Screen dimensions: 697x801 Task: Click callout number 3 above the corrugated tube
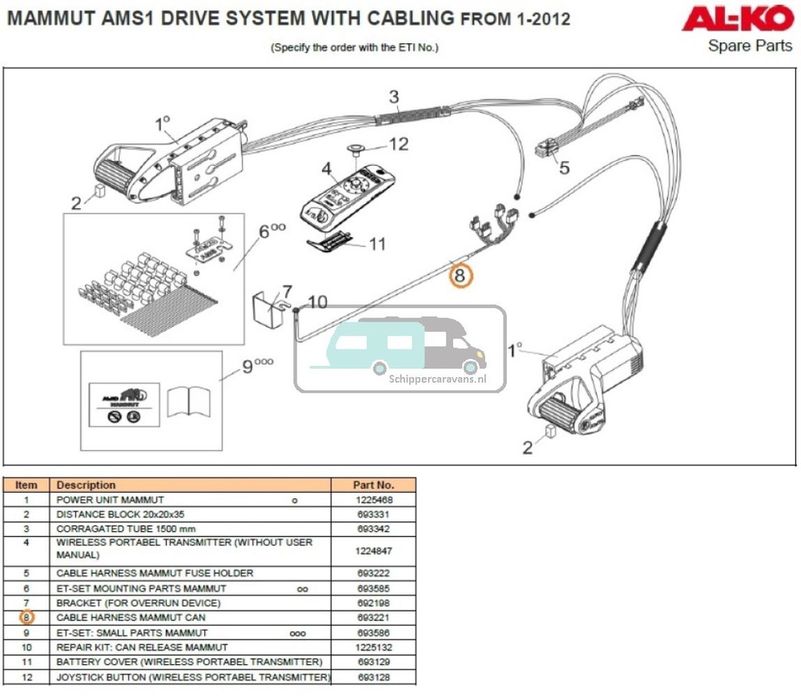click(x=394, y=97)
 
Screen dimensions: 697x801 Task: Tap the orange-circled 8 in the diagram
click(x=460, y=275)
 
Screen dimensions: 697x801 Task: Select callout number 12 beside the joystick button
click(x=398, y=144)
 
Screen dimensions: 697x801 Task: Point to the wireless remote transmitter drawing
click(x=347, y=193)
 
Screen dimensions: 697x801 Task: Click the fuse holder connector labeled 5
click(x=547, y=148)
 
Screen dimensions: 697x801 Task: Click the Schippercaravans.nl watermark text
click(x=437, y=378)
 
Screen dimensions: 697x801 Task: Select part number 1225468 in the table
click(x=373, y=500)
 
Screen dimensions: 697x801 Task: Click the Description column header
click(x=86, y=485)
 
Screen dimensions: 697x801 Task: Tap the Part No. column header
click(x=373, y=485)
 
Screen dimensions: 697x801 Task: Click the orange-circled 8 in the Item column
click(x=26, y=618)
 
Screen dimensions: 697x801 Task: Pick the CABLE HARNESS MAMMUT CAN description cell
click(x=131, y=618)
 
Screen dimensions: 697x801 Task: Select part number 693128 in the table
click(x=373, y=677)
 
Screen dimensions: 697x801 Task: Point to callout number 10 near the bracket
click(x=317, y=302)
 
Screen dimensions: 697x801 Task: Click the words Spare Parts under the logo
click(x=749, y=45)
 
